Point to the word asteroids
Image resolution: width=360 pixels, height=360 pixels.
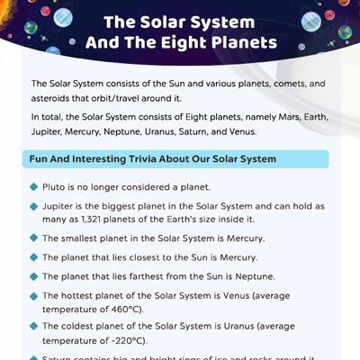(x=54, y=96)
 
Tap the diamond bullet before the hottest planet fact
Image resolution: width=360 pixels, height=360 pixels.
(x=34, y=295)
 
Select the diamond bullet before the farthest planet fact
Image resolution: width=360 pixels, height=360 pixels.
(x=34, y=276)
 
